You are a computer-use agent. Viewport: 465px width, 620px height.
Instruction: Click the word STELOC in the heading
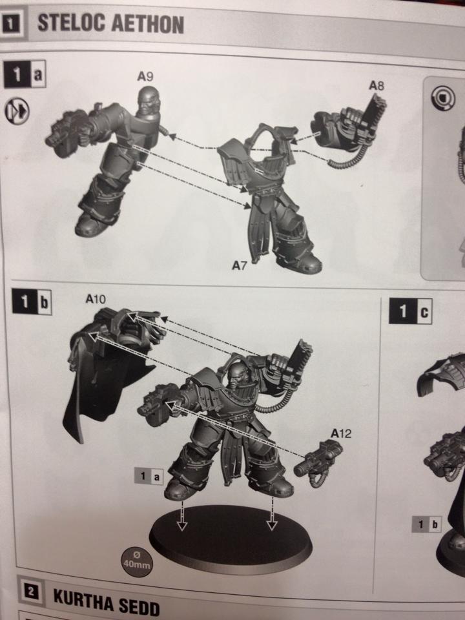[x=71, y=23]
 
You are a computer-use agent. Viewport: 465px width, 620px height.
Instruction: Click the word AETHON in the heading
[x=147, y=24]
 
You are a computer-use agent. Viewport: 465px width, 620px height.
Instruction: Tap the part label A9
[x=145, y=76]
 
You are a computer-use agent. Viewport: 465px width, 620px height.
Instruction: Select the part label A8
[x=377, y=85]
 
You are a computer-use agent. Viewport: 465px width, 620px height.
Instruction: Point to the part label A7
[x=239, y=265]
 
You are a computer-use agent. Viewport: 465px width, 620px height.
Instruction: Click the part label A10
[x=96, y=299]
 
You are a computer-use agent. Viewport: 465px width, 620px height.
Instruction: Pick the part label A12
[x=341, y=434]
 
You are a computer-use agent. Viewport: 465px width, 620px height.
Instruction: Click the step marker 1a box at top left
[x=25, y=74]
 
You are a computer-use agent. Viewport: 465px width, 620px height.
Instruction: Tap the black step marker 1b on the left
[x=32, y=302]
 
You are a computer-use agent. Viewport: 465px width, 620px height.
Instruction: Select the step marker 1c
[x=411, y=311]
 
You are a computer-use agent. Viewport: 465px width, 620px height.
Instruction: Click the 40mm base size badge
[x=137, y=561]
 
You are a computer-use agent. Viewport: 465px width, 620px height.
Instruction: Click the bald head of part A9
[x=149, y=99]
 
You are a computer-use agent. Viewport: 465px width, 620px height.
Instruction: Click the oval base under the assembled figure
[x=230, y=539]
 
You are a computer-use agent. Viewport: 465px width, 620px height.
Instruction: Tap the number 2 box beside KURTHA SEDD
[x=30, y=592]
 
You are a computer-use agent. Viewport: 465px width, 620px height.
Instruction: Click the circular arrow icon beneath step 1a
[x=17, y=111]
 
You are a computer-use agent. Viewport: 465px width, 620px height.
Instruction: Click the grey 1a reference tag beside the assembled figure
[x=149, y=477]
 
